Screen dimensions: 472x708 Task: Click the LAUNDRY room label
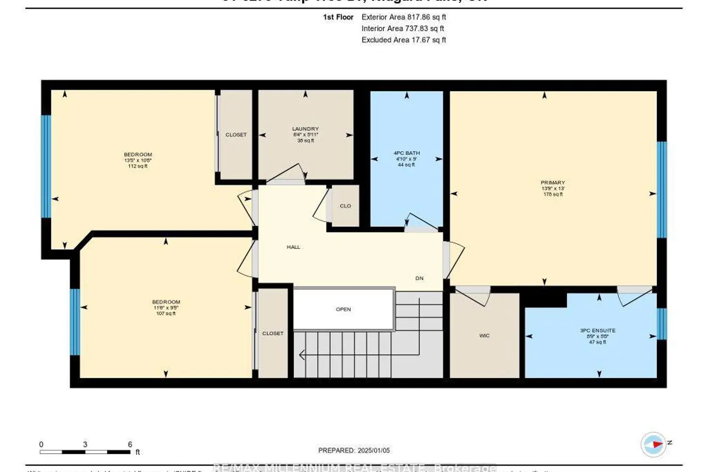point(305,129)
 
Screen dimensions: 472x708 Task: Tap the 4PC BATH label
point(406,153)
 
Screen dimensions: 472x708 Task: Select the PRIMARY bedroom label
point(553,183)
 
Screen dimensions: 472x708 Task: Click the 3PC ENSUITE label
point(598,330)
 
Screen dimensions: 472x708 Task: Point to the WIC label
point(484,336)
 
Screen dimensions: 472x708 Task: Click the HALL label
point(293,247)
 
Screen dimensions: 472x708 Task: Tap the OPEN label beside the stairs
point(343,309)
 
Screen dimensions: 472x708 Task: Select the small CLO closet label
point(346,206)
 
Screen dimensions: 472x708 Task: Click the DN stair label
point(419,278)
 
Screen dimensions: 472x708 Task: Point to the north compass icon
point(653,444)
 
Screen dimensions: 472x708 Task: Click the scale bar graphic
point(85,452)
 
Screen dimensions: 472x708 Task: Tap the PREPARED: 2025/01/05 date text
point(354,450)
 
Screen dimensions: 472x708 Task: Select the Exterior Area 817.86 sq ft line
point(404,17)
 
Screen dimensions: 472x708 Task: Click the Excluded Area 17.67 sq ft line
point(404,40)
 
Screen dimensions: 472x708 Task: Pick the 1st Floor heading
point(338,17)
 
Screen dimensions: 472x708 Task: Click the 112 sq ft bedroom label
point(138,160)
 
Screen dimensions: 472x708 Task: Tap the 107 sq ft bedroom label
point(166,308)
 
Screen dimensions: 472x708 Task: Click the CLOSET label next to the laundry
point(236,135)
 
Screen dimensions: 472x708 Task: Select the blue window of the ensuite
point(662,324)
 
